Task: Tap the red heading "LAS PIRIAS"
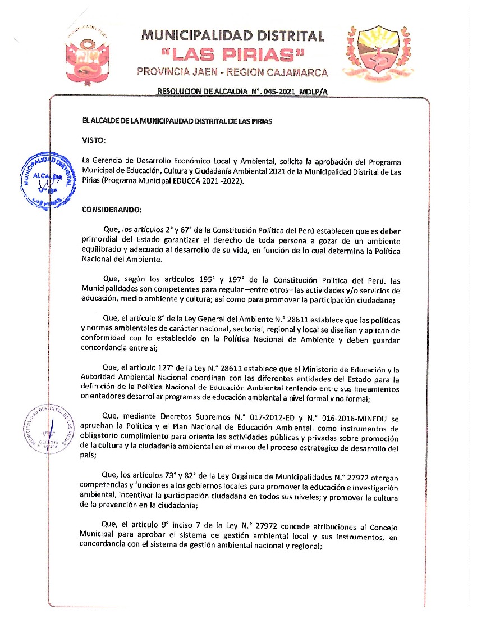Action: (232, 55)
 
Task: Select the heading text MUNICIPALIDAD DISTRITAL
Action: (233, 36)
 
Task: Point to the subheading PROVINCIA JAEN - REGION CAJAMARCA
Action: (232, 72)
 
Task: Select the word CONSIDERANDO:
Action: (112, 210)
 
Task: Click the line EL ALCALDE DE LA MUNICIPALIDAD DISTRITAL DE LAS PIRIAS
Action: (177, 121)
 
